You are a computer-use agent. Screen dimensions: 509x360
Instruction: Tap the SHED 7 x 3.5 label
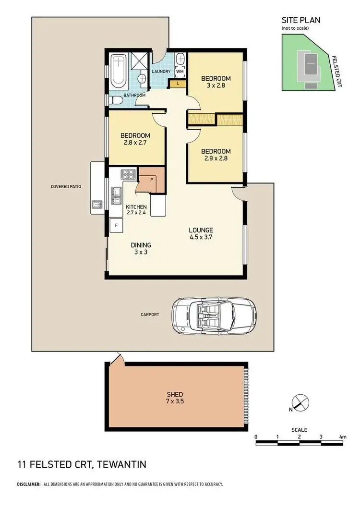coord(176,398)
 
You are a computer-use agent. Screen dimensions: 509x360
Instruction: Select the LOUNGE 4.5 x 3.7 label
coord(201,233)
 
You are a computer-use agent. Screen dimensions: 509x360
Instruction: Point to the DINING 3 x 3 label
coord(141,248)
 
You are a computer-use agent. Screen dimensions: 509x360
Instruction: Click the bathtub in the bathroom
coord(118,72)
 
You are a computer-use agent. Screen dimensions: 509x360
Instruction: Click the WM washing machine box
coord(180,72)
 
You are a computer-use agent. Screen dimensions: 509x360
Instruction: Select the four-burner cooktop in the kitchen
coord(129,174)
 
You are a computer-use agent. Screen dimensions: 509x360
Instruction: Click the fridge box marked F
coord(116,225)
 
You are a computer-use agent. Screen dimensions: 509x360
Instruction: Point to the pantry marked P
coord(151,180)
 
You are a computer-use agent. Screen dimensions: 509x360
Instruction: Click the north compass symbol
coord(298,403)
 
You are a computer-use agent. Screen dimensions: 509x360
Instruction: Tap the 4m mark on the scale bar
coord(342,436)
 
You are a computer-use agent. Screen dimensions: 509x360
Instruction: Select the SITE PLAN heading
coord(300,20)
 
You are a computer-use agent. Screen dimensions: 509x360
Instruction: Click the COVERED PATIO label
coord(67,186)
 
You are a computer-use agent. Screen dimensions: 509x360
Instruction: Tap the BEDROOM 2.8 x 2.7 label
coord(135,139)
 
